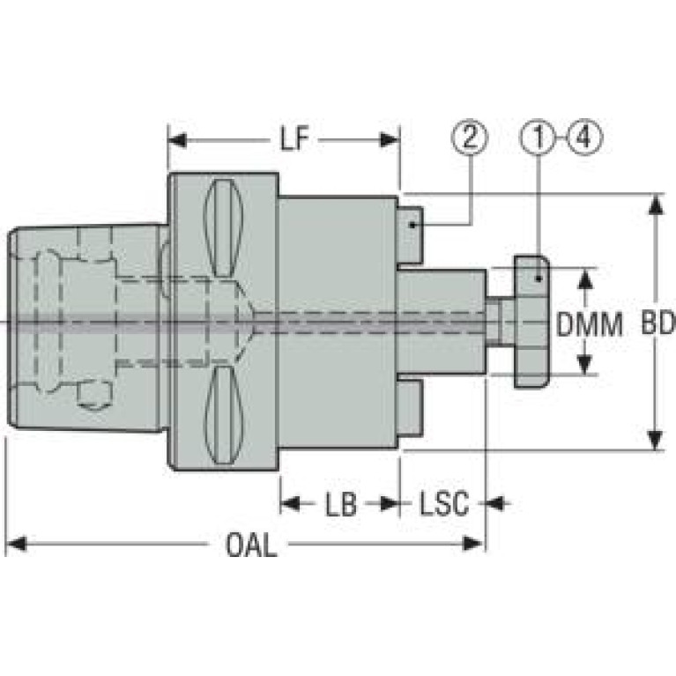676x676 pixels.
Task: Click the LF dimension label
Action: (295, 139)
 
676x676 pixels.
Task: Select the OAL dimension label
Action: (251, 545)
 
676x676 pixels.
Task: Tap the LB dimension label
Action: (341, 503)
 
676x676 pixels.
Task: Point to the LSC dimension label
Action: (444, 503)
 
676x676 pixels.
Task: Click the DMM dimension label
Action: (590, 324)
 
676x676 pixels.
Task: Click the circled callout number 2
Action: (470, 137)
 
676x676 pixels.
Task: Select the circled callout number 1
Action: (539, 137)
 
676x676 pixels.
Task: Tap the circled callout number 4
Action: (584, 137)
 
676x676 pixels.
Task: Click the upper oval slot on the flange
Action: (223, 228)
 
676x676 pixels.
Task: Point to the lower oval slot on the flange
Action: (223, 416)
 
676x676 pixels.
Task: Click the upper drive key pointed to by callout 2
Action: (410, 235)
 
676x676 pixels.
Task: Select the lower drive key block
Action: (410, 408)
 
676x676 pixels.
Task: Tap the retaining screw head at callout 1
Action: (531, 322)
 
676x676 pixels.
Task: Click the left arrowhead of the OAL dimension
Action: (17, 544)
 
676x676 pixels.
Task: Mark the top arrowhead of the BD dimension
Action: (656, 204)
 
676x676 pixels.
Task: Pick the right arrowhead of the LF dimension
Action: (390, 140)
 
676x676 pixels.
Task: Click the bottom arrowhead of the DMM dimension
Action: (583, 364)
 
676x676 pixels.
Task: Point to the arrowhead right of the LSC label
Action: (497, 503)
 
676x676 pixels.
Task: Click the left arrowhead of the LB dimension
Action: (290, 503)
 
